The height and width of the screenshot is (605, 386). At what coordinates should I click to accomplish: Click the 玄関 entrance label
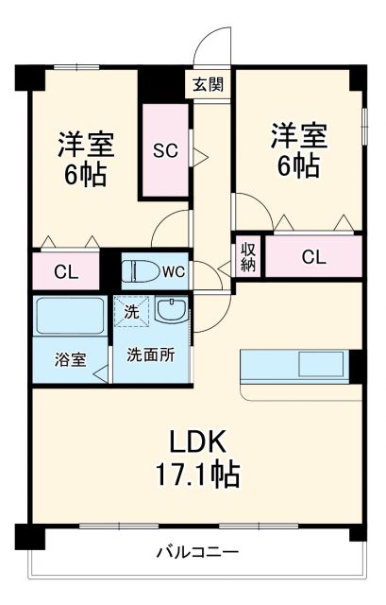pos(209,85)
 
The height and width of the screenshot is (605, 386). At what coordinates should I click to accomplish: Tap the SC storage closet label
pos(165,151)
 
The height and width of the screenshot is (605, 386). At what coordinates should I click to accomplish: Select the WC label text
pos(173,271)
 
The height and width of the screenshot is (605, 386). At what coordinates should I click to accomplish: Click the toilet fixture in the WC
pos(141,272)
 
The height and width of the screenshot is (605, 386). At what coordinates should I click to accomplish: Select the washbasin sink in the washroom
pos(171,309)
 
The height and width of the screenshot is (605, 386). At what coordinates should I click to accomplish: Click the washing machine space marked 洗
pos(131,310)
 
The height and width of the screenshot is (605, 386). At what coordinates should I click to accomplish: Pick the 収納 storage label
pos(248,256)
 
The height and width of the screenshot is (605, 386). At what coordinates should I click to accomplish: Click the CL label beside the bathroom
pos(65,273)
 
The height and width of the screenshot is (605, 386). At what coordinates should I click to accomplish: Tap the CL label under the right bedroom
pos(314,256)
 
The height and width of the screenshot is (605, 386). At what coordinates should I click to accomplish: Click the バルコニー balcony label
pos(197,552)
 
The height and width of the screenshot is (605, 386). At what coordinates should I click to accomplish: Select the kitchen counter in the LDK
pos(295,365)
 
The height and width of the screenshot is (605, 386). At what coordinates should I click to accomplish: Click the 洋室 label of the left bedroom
pos(86,144)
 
